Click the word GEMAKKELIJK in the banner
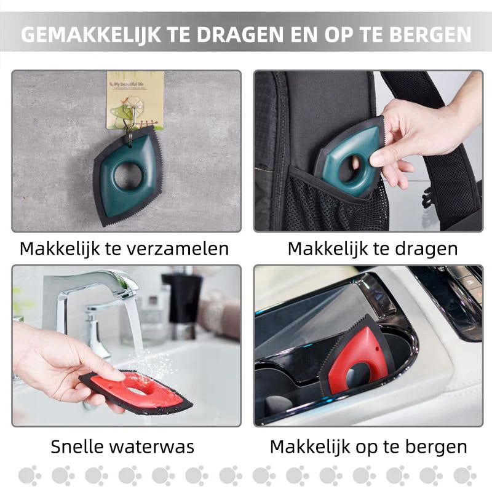tap(91, 34)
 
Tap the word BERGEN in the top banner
tap(430, 34)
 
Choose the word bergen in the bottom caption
tap(436, 448)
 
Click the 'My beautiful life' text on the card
tap(129, 84)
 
